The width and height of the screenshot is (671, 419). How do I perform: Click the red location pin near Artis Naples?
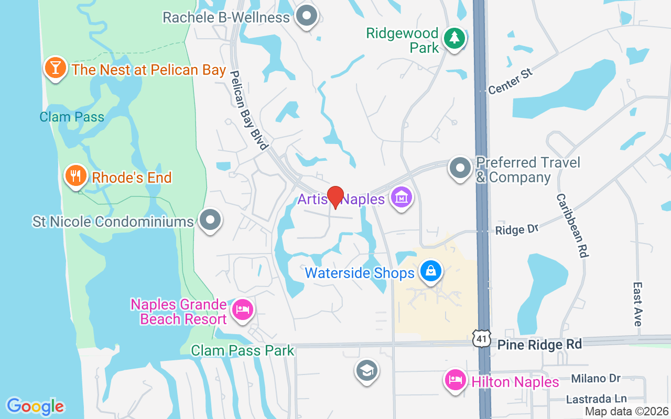point(335,197)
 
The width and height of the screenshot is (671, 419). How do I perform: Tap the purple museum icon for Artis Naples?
point(402,198)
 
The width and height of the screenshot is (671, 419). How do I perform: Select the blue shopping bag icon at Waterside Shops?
point(430,271)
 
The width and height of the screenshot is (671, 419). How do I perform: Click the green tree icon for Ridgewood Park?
point(454,39)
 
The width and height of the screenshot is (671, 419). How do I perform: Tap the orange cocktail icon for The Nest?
point(55,68)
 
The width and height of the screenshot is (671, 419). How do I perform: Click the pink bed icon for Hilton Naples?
point(454,380)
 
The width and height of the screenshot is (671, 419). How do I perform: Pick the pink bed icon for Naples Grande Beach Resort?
point(242,309)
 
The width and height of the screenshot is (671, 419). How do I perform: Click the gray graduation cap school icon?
point(367,370)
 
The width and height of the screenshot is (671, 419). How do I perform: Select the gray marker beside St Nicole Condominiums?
point(211,220)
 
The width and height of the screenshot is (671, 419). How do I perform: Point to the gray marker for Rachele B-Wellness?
point(307,16)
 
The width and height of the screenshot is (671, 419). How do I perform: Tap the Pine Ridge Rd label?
point(539,344)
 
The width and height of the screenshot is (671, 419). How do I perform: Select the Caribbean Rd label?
point(572,225)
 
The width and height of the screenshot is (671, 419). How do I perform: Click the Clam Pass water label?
point(72,117)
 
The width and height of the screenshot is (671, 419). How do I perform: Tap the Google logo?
point(36,406)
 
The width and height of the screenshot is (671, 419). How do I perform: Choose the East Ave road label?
point(637,304)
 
